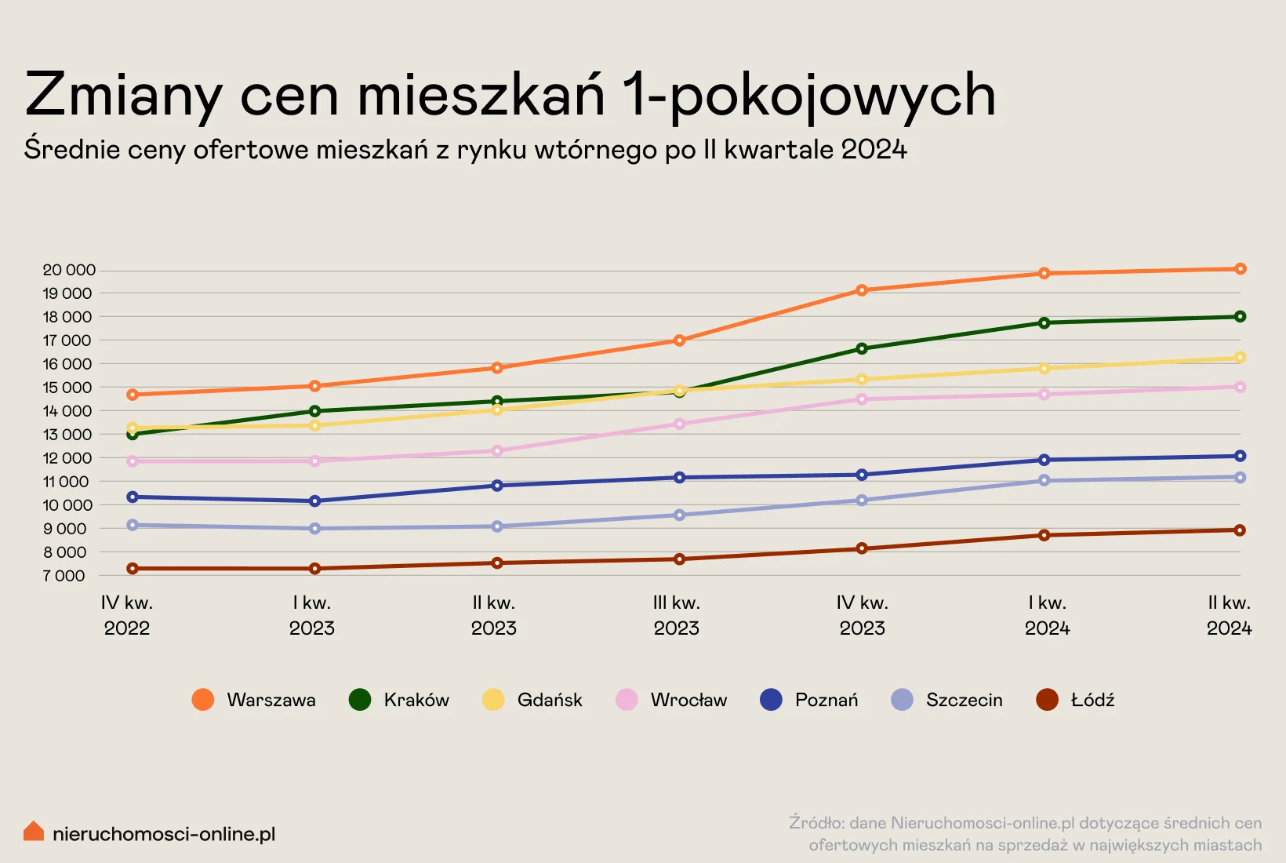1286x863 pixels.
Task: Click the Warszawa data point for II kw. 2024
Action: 1240,269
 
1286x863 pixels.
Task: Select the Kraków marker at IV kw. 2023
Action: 862,348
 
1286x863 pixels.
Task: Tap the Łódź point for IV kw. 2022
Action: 133,568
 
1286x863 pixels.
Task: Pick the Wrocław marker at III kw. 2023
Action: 680,424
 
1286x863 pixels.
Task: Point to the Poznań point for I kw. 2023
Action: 315,501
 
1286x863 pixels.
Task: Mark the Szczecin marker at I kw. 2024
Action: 1044,480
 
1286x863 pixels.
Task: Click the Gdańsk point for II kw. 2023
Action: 497,410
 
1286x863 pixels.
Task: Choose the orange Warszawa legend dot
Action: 203,700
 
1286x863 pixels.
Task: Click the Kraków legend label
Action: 416,700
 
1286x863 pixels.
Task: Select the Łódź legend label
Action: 1092,700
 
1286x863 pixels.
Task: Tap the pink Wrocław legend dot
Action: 627,700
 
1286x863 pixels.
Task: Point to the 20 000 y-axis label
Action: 69,270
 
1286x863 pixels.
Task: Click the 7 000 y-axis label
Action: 64,576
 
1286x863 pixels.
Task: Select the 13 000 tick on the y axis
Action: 67,435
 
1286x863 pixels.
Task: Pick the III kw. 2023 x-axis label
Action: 677,615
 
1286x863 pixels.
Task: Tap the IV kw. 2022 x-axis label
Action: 127,615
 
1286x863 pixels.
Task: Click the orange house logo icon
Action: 34,832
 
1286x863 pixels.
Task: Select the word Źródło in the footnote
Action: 816,823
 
